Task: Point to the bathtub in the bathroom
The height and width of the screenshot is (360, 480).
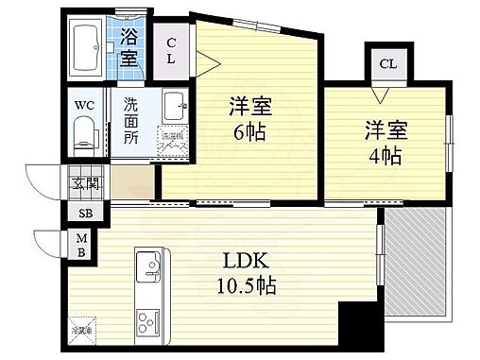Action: [92, 47]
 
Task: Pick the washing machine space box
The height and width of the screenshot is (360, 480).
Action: [172, 141]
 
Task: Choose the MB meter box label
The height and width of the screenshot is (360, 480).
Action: [81, 246]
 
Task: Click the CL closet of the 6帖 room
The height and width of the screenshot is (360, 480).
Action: [172, 50]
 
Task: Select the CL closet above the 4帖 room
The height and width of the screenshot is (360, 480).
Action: [387, 63]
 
